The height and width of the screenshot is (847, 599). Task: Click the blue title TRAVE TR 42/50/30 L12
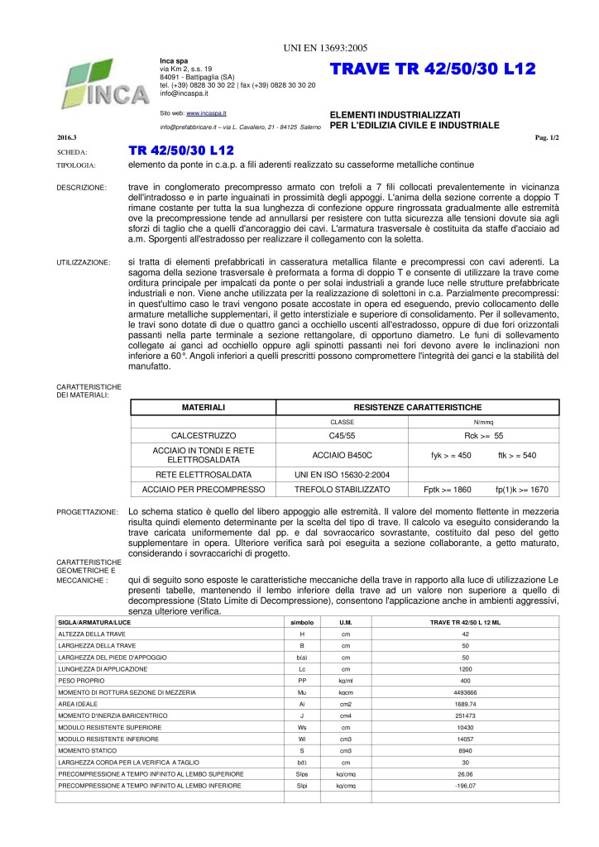(x=433, y=69)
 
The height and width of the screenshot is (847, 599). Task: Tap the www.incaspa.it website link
(x=207, y=111)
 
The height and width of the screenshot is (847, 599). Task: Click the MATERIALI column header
(x=203, y=407)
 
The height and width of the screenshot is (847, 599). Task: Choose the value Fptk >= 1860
(x=448, y=490)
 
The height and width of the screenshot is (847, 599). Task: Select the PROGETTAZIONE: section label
(x=83, y=513)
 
